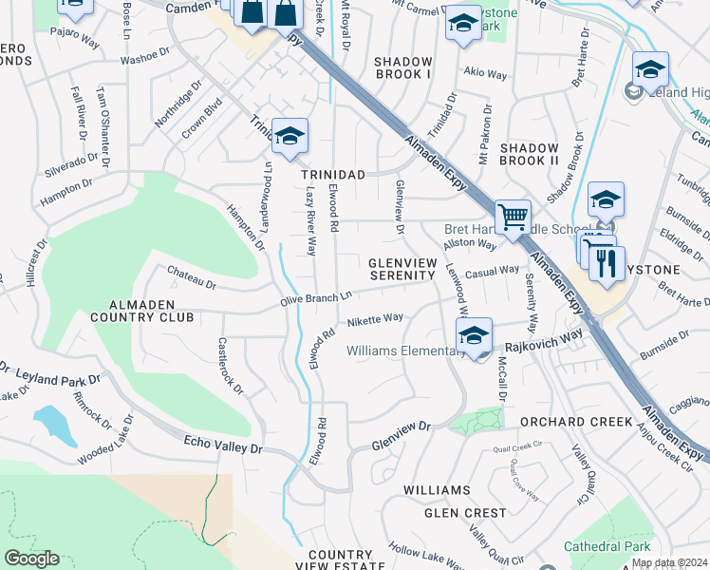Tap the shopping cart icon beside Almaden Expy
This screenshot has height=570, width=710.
click(513, 216)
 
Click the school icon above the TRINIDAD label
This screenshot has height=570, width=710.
click(290, 135)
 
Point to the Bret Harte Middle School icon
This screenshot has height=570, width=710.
click(606, 200)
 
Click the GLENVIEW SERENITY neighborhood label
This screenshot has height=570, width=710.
click(402, 269)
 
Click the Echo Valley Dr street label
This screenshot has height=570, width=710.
click(228, 443)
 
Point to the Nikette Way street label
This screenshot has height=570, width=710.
click(375, 320)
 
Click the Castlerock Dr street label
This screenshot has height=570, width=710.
click(231, 367)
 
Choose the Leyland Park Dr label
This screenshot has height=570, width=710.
click(46, 373)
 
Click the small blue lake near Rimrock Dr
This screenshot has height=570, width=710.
click(55, 425)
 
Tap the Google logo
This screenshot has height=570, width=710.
click(31, 558)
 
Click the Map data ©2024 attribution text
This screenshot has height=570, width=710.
click(668, 562)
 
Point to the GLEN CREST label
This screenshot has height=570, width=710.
click(465, 513)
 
